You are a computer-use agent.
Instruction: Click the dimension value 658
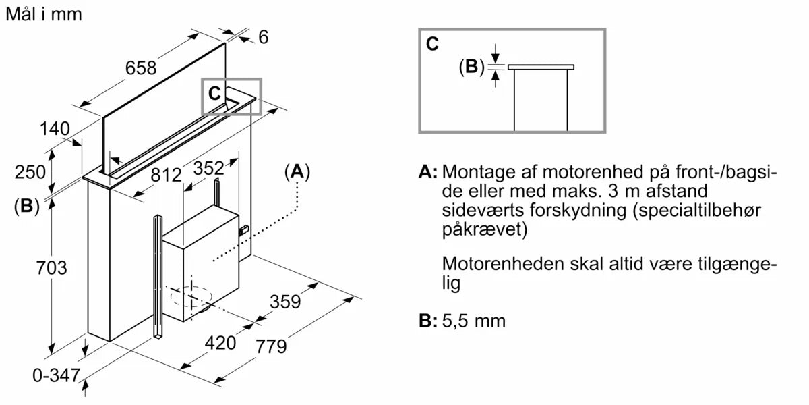tap(140, 67)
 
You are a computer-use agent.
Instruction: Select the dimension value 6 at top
tap(263, 37)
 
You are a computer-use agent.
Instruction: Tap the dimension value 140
tap(55, 128)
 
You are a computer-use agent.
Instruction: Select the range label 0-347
tap(56, 376)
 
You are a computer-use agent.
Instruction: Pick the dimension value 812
tap(166, 175)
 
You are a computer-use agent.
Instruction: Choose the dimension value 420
tap(220, 343)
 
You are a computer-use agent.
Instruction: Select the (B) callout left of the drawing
tap(26, 207)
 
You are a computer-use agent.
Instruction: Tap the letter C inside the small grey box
tap(214, 94)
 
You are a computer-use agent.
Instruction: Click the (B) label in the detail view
tap(471, 66)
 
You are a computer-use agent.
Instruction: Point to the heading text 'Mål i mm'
tap(43, 14)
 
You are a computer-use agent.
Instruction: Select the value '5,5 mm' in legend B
tap(474, 321)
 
